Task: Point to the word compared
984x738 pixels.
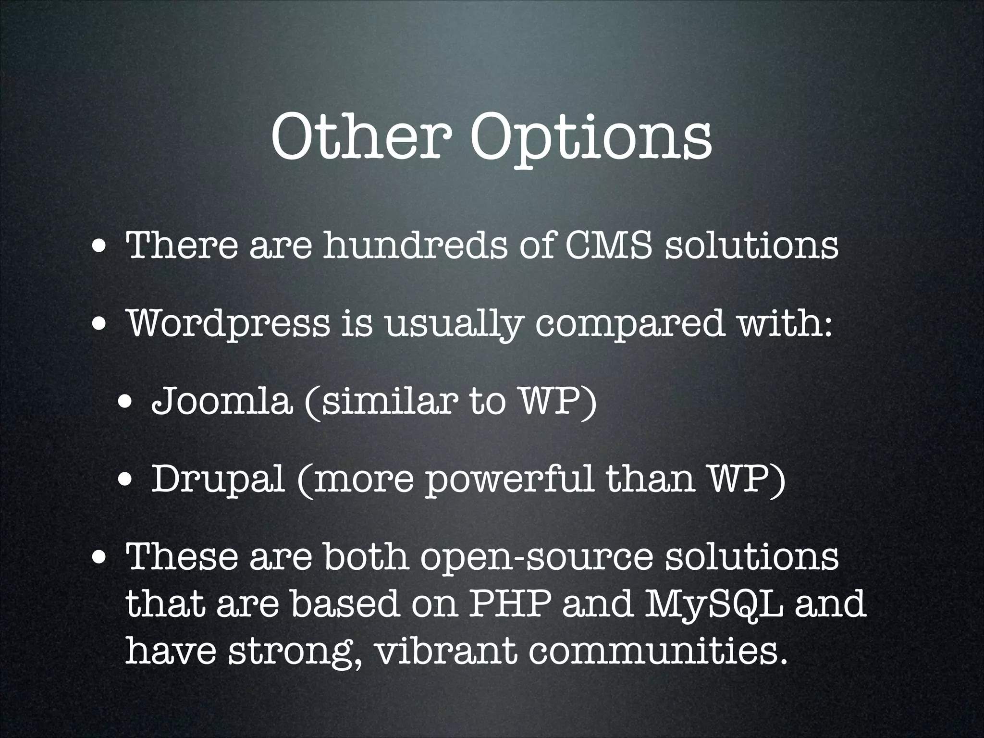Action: point(629,323)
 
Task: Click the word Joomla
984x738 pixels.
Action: point(221,401)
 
